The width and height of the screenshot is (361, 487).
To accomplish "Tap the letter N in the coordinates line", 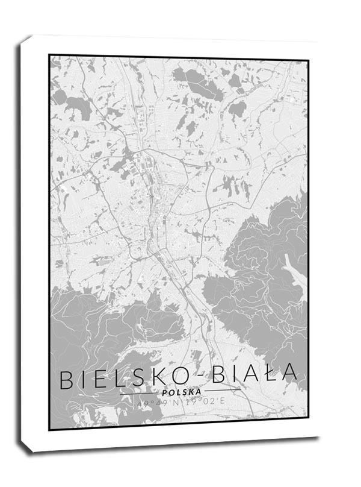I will pos(175,402).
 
